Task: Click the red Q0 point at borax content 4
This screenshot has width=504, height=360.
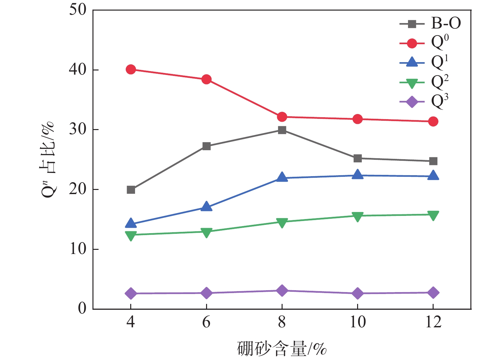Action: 131,69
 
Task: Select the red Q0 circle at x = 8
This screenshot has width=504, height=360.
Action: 282,117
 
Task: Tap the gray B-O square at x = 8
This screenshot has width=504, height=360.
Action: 282,130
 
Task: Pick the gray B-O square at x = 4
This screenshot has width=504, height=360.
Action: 131,190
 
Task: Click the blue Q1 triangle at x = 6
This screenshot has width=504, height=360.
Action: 206,207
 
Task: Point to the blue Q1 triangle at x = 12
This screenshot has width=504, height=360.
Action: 433,176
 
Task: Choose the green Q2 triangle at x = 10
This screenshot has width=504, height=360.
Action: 357,217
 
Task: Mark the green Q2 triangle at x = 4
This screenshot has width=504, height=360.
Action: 131,235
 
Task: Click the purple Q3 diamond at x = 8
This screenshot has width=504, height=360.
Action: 282,290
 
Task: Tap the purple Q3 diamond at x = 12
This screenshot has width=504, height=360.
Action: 433,292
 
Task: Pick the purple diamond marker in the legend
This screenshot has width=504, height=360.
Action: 412,102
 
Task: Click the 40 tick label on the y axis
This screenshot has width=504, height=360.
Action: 78,70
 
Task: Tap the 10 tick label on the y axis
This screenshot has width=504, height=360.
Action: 78,249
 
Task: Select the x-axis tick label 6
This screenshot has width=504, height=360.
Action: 206,322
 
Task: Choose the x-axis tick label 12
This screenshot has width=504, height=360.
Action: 433,322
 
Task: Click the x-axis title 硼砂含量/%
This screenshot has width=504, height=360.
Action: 282,348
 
